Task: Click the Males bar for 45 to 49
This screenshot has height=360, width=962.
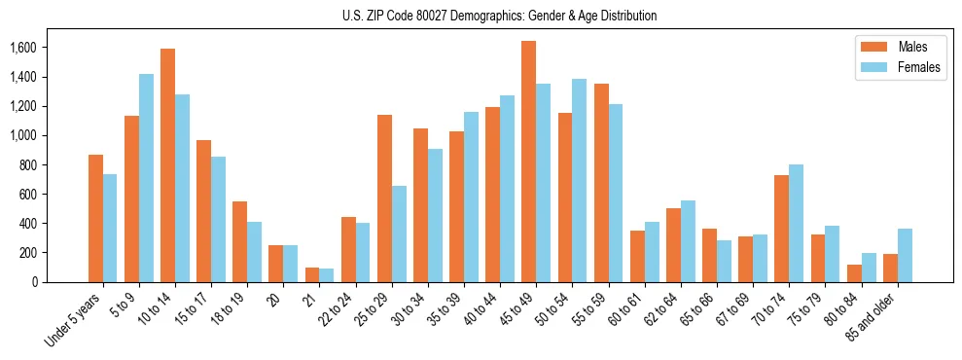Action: (x=528, y=162)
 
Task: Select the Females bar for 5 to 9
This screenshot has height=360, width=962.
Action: (x=146, y=178)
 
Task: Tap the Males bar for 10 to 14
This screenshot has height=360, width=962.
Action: (x=167, y=165)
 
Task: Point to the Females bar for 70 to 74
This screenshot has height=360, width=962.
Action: (x=797, y=223)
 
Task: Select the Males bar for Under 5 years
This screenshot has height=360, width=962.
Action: (x=95, y=218)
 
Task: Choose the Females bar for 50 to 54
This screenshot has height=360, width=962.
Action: (x=579, y=180)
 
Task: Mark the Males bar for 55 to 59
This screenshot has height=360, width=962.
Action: (x=601, y=183)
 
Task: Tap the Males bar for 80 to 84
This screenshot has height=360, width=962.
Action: (x=854, y=273)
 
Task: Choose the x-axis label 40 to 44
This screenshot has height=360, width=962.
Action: (x=483, y=309)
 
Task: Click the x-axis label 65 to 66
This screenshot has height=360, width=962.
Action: (x=699, y=309)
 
